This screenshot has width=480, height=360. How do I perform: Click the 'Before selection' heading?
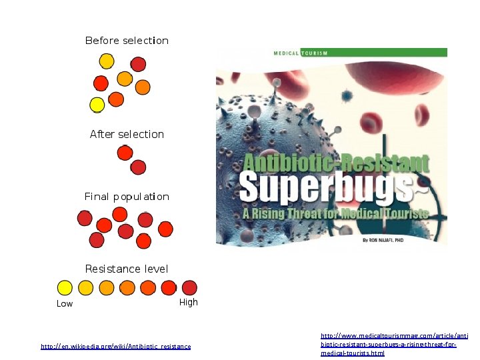click(x=127, y=41)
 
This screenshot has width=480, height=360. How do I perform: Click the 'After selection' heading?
click(x=127, y=134)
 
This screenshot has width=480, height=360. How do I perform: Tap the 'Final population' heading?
click(x=127, y=197)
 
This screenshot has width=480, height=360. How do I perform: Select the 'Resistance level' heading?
click(x=127, y=269)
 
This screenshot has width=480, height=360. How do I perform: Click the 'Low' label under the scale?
click(x=65, y=304)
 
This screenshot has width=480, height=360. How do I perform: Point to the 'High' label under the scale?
click(x=189, y=303)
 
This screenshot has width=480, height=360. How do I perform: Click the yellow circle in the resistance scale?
click(x=65, y=287)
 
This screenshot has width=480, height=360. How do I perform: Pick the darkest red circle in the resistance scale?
click(x=189, y=287)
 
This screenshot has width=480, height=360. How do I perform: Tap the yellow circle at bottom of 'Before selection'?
click(x=97, y=105)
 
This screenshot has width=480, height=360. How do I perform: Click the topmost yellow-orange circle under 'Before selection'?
click(x=106, y=61)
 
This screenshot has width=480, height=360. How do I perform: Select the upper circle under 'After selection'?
click(x=125, y=153)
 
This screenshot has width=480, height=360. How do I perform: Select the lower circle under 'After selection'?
click(x=138, y=167)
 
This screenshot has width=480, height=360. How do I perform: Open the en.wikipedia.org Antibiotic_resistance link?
click(x=115, y=347)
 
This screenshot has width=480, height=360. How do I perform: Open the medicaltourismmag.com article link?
click(x=394, y=344)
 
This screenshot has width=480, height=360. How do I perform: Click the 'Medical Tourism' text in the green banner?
click(x=301, y=53)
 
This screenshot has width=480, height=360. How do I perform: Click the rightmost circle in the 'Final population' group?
click(x=165, y=229)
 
